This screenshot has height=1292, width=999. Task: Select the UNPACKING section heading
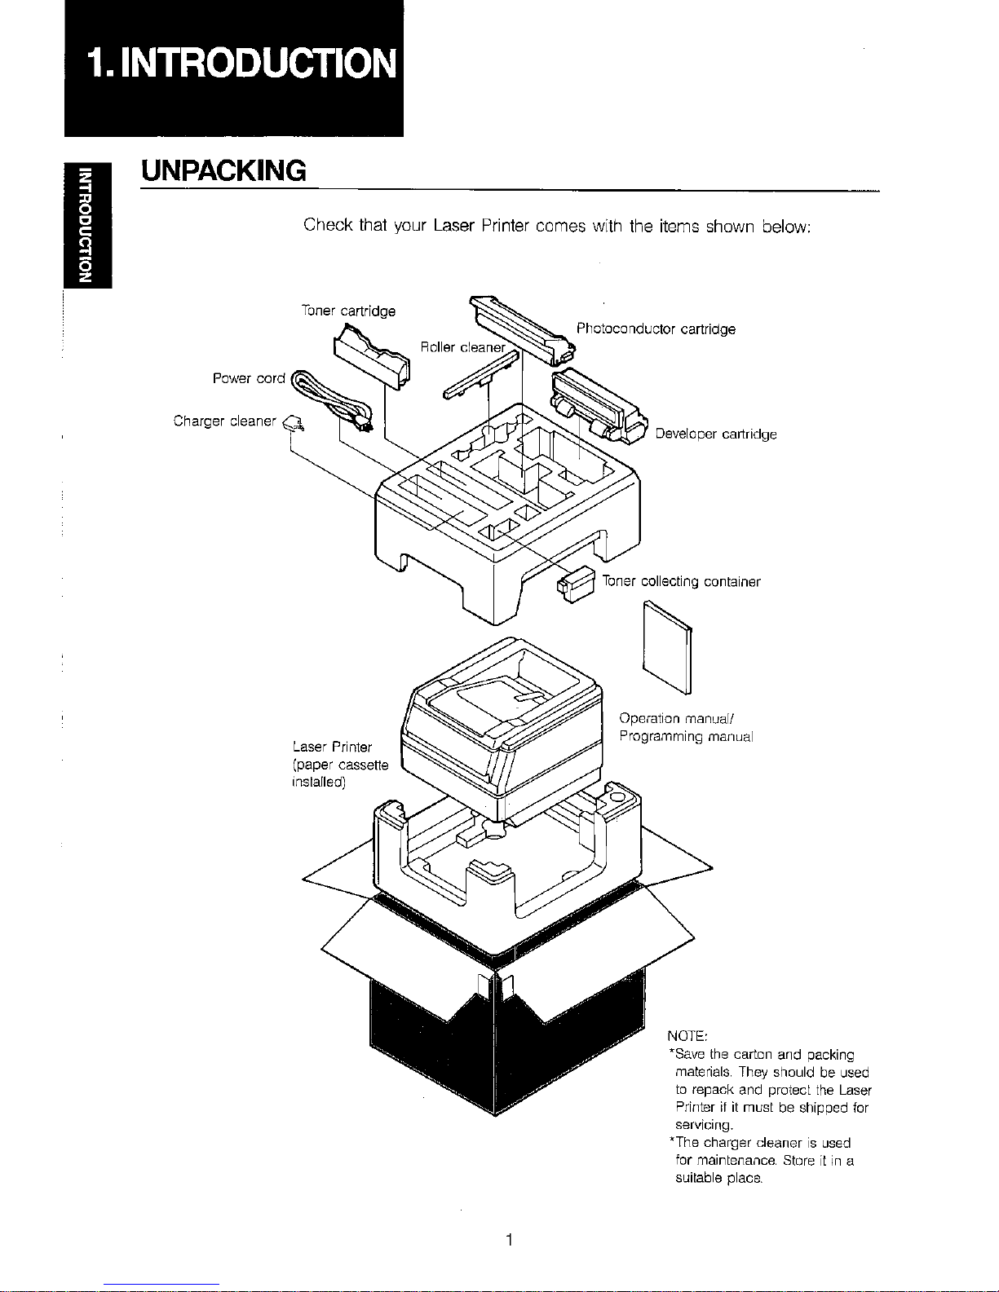tap(223, 171)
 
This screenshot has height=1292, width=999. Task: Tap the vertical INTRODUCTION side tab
tap(85, 222)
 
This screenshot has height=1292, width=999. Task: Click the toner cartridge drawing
tap(371, 356)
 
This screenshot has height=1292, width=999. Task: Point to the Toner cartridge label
tap(348, 311)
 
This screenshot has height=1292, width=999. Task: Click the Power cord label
tap(248, 378)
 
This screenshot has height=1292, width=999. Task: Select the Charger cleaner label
tap(225, 421)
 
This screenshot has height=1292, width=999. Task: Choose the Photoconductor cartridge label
tap(656, 329)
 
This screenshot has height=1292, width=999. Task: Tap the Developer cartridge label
tap(715, 434)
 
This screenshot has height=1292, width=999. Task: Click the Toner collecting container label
tap(681, 582)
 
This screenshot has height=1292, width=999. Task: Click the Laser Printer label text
tap(331, 747)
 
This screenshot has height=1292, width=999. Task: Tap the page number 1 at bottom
tap(508, 1240)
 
